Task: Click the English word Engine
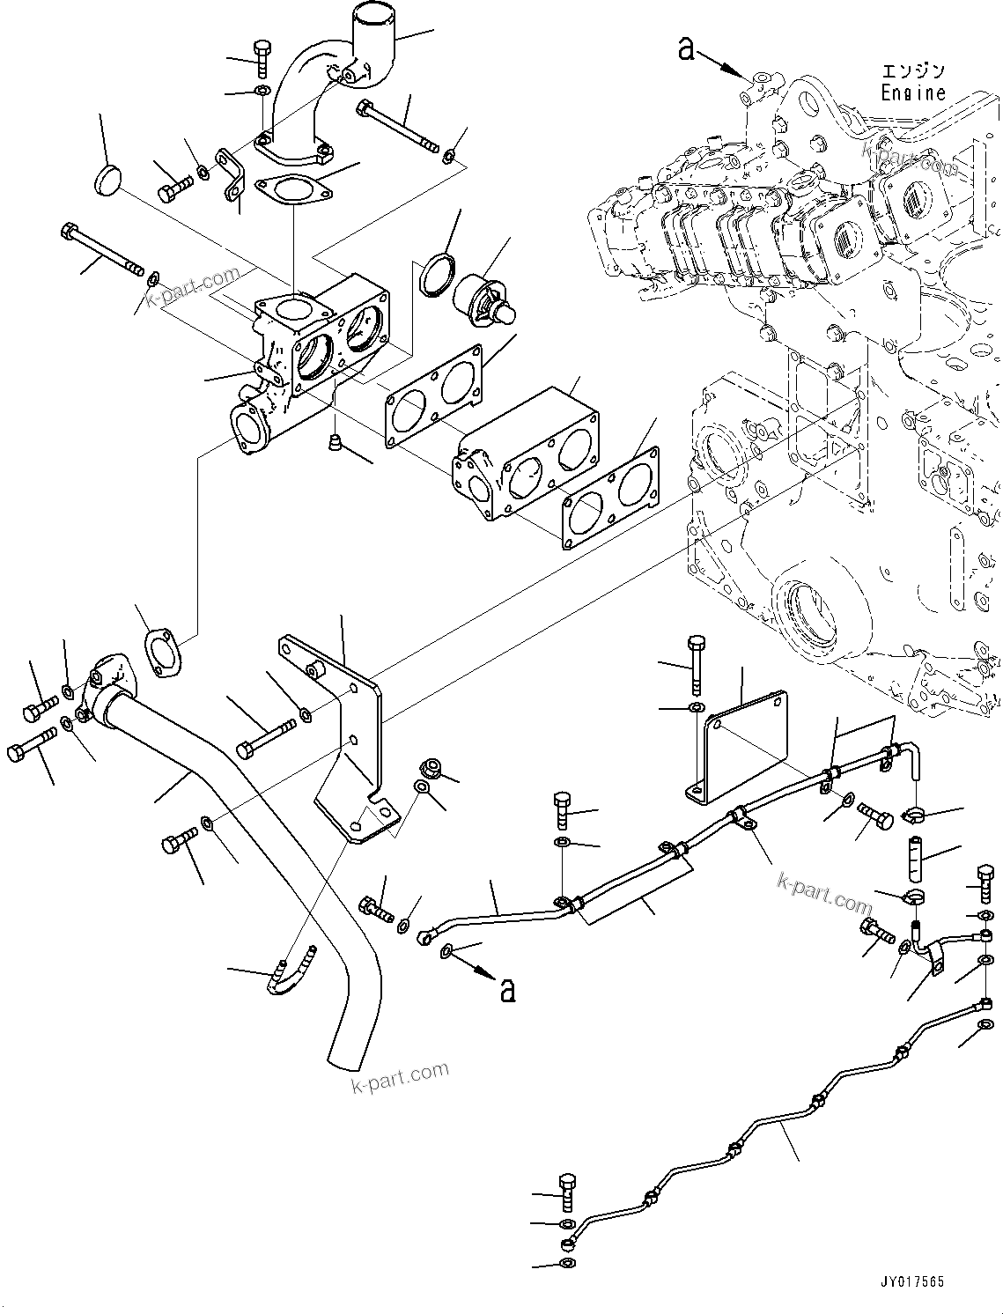[913, 92]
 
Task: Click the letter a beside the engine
[687, 48]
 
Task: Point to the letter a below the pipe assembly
[506, 989]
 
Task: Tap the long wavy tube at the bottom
[775, 1127]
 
